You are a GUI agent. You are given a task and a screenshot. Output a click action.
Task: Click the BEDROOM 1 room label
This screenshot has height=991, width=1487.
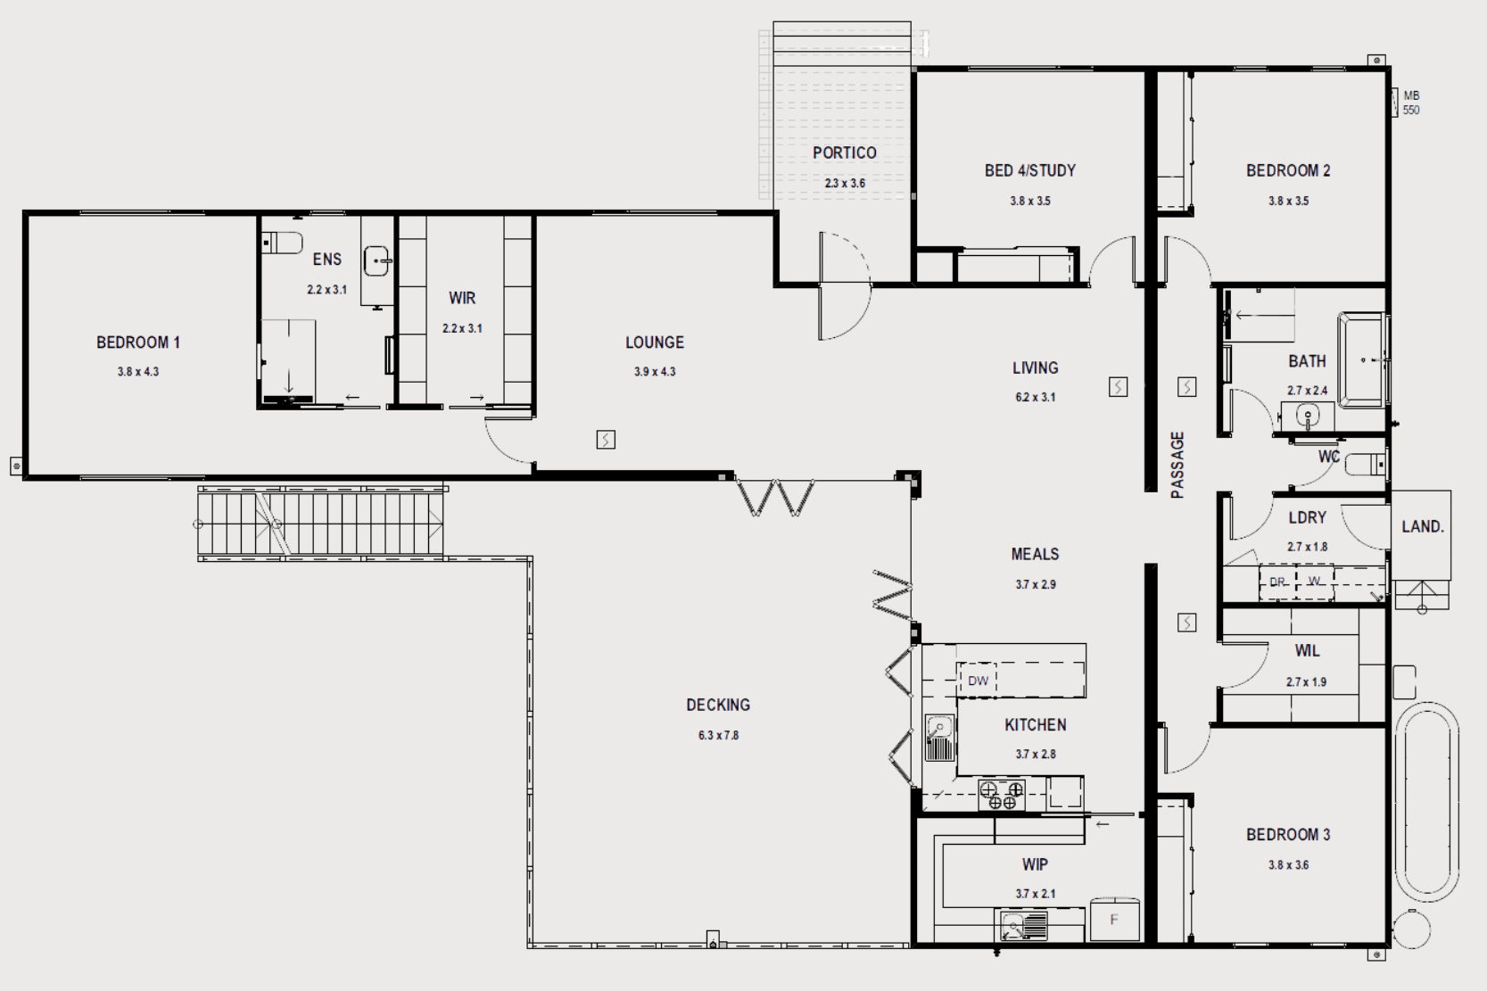138,343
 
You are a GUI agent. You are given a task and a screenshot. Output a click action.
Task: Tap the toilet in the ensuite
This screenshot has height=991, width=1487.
283,243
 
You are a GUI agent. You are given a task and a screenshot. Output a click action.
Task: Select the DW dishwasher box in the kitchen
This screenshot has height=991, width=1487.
978,681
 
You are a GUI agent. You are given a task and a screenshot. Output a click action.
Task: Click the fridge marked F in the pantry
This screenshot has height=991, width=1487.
1114,920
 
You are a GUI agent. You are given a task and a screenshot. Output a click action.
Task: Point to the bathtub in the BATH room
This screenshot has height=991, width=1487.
1361,360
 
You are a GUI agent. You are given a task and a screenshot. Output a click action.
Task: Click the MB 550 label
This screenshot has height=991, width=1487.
1410,103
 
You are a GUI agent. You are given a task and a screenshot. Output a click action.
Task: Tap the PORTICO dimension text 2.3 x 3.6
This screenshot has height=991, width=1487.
844,184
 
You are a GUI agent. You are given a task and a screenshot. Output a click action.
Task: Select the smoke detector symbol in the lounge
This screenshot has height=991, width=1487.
606,440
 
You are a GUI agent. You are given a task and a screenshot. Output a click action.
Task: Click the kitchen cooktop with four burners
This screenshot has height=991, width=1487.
1002,796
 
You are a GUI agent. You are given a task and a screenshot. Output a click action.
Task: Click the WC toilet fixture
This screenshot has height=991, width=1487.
1365,465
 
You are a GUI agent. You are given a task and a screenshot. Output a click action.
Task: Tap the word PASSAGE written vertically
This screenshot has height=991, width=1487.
1177,465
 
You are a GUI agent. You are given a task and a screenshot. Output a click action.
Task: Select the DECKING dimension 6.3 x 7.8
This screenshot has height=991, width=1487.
718,736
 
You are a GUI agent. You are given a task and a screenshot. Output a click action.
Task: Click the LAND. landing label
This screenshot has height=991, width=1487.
1422,527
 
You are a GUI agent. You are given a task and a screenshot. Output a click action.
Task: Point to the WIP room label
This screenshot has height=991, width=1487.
1035,864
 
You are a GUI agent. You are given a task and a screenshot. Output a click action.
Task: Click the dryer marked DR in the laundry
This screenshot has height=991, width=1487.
1277,582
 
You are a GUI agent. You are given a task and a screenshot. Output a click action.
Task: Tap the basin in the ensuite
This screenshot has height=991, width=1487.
378,261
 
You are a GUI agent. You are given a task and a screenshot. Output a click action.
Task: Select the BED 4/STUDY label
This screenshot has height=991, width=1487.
1029,170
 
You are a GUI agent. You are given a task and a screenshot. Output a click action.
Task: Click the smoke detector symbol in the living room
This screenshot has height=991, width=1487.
1118,387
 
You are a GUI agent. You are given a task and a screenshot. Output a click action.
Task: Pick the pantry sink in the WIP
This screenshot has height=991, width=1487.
1020,926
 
